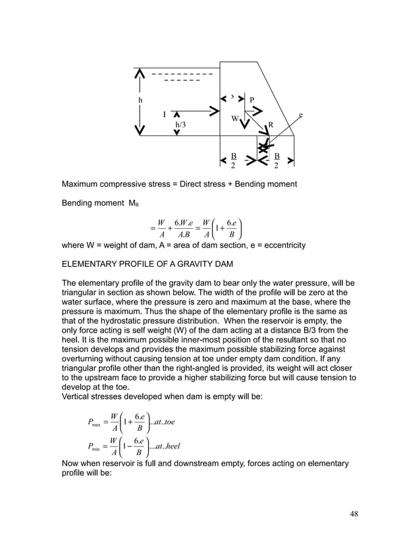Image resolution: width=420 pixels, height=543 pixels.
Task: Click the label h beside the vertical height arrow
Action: pos(140,100)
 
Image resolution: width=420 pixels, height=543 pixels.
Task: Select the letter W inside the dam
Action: pos(234,119)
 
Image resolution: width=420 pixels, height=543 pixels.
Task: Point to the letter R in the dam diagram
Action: pos(270,124)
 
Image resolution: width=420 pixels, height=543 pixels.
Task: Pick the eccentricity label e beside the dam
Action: pos(301,115)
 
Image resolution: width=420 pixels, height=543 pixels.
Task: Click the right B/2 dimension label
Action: pos(276,160)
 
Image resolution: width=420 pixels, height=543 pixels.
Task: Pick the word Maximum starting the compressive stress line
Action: pos(84,183)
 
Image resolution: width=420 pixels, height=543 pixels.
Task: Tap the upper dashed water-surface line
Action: pos(182,73)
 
